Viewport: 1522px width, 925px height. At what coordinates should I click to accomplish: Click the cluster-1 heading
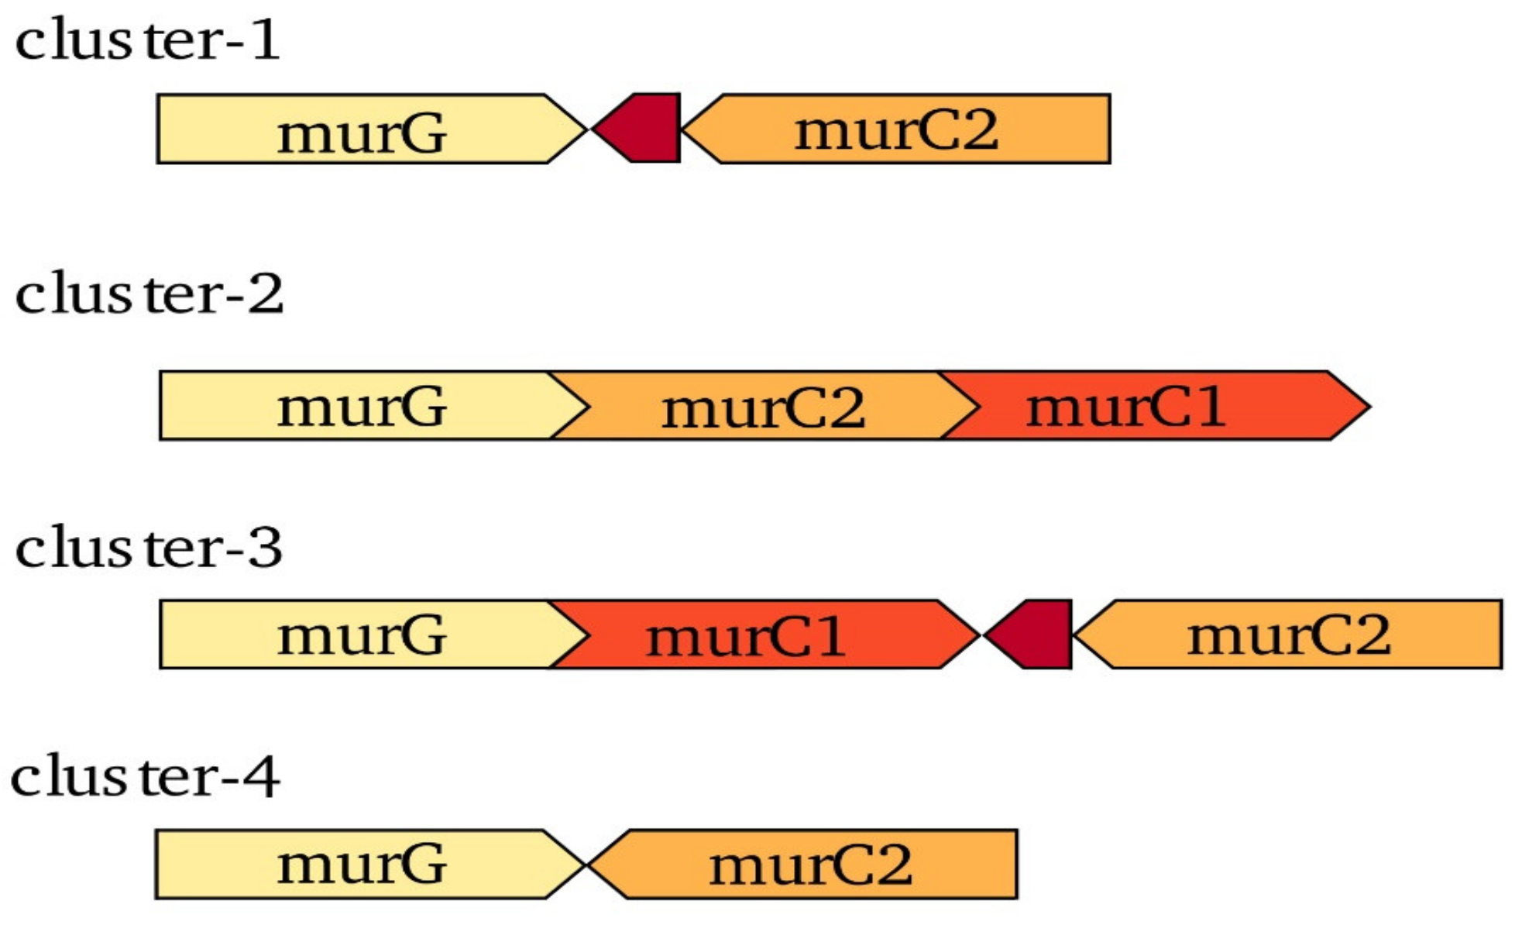coord(147,40)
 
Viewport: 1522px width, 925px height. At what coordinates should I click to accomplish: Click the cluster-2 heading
coord(149,294)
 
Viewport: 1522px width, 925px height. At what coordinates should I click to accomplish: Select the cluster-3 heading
coord(149,548)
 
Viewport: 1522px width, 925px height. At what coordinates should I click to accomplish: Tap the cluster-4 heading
coord(145,776)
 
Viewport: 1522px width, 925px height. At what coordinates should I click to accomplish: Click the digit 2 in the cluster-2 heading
coord(266,294)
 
